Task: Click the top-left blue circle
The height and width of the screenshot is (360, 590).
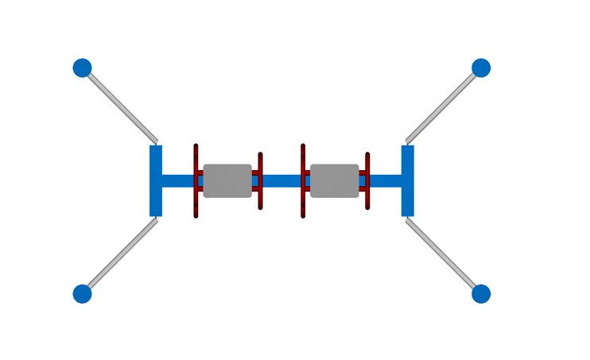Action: (x=82, y=68)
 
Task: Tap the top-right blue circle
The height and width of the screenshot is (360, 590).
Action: (x=481, y=68)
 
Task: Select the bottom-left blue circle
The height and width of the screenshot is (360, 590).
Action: (x=82, y=294)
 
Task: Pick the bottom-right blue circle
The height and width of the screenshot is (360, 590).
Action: (x=481, y=294)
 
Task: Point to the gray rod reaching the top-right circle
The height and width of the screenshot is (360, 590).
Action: (x=444, y=103)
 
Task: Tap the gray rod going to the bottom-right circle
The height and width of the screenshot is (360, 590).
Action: (x=442, y=256)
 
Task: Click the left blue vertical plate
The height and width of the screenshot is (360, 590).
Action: (x=156, y=180)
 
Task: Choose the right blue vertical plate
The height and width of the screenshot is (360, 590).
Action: (x=408, y=180)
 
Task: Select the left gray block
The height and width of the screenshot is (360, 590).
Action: (x=227, y=180)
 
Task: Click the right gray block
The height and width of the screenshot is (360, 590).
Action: (x=334, y=180)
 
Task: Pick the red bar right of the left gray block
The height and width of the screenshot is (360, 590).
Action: (x=260, y=199)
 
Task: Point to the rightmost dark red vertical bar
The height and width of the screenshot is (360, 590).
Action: (x=367, y=199)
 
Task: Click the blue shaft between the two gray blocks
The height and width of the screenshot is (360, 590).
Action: (x=281, y=180)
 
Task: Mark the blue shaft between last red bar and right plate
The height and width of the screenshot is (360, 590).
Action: (x=386, y=180)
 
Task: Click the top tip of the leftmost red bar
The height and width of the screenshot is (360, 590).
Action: (x=196, y=147)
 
